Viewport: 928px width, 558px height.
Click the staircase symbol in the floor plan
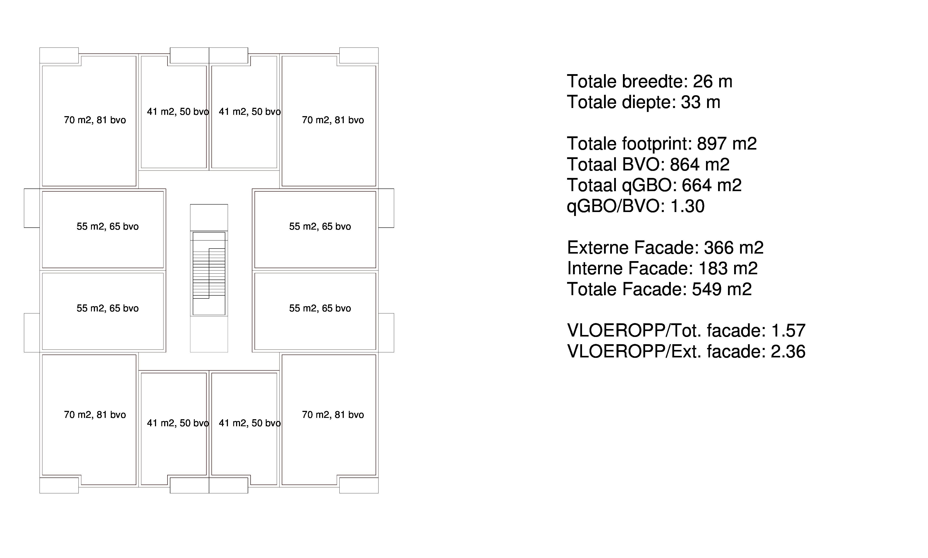[x=209, y=273]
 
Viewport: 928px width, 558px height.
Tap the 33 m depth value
[x=701, y=102]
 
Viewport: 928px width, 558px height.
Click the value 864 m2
[x=700, y=164]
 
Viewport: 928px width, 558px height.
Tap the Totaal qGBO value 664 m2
[x=712, y=185]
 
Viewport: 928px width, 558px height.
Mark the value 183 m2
[x=728, y=269]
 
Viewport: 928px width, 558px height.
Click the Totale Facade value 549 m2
[x=722, y=289]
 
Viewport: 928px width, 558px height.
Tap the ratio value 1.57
[x=788, y=331]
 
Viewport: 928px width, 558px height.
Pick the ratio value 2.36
[x=788, y=351]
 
